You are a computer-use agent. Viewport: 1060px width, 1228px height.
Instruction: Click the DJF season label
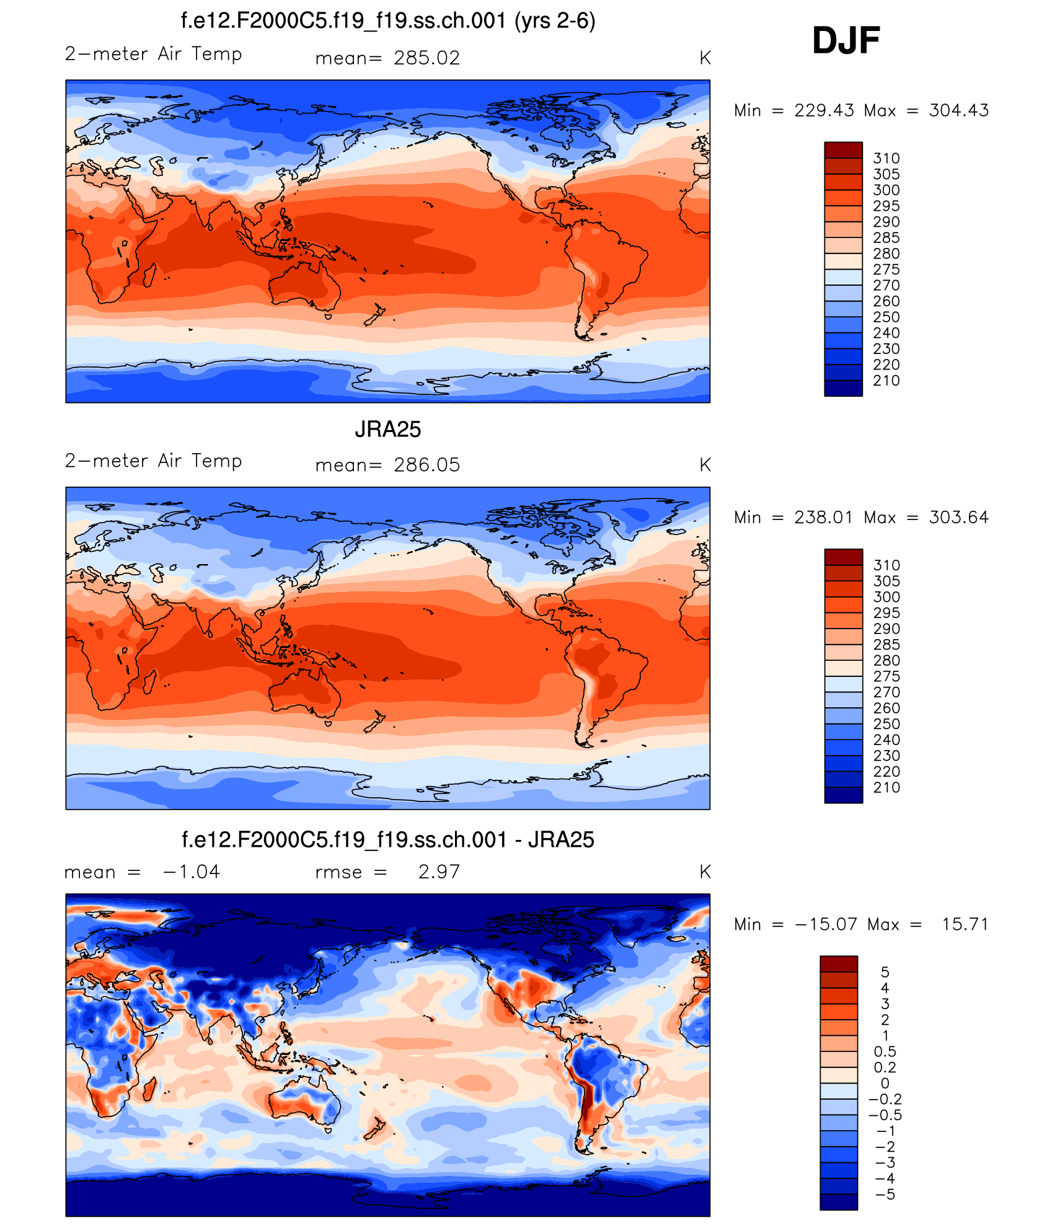click(846, 41)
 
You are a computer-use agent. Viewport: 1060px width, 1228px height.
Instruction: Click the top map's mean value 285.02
click(426, 58)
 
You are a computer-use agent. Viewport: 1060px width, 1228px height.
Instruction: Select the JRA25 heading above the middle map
click(387, 429)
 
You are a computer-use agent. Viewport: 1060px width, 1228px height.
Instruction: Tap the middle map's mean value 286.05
click(426, 465)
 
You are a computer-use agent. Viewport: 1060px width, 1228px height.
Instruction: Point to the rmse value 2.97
click(439, 872)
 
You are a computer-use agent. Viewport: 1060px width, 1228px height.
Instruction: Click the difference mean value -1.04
click(191, 872)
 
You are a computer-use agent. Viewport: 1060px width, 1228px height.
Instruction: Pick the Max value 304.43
click(958, 110)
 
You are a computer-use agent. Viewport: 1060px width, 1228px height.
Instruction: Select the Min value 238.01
click(823, 517)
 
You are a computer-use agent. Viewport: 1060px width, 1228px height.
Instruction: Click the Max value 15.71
click(965, 924)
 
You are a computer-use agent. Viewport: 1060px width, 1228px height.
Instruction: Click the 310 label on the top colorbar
click(886, 159)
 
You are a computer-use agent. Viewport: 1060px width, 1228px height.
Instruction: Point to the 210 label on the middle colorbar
click(886, 788)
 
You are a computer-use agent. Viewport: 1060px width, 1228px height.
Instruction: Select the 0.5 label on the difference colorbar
click(885, 1052)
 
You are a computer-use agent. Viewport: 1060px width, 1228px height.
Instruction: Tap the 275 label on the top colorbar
click(886, 270)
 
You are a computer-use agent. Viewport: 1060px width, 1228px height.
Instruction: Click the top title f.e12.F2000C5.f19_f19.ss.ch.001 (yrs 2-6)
click(387, 21)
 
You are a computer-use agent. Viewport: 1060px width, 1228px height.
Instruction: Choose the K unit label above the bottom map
click(705, 872)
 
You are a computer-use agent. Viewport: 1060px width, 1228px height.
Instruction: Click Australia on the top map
click(304, 285)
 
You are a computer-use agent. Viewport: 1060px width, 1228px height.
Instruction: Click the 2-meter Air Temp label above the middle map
click(153, 461)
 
